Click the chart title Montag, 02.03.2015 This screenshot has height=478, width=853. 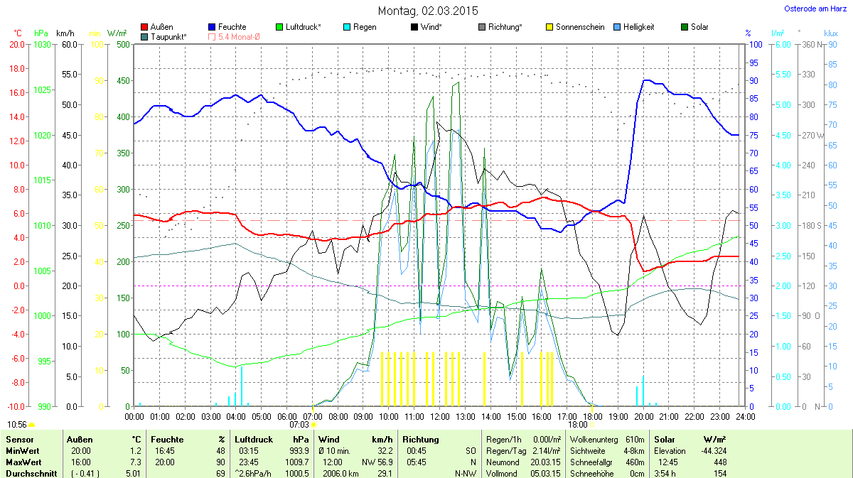click(x=427, y=11)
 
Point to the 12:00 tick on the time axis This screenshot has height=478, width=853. click(x=439, y=415)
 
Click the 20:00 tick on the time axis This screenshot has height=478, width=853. click(x=643, y=415)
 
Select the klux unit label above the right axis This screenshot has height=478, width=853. click(x=830, y=33)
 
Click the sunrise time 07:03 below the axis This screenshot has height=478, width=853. click(x=299, y=424)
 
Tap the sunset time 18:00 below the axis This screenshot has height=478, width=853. click(x=578, y=424)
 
